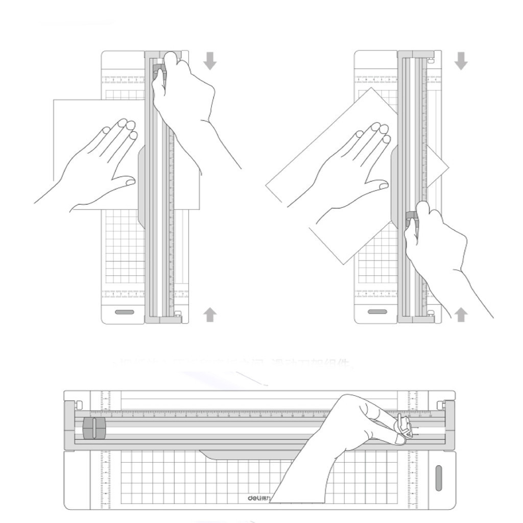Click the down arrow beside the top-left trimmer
(210, 61)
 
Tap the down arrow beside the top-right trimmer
(461, 61)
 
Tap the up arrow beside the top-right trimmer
(461, 315)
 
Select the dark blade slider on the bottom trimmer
(93, 427)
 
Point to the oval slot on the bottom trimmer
(438, 478)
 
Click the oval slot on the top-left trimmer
(125, 312)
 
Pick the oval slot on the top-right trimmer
(377, 312)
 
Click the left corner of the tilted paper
(267, 186)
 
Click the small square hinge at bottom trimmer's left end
(78, 405)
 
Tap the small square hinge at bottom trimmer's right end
(442, 405)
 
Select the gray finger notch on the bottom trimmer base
(230, 455)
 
